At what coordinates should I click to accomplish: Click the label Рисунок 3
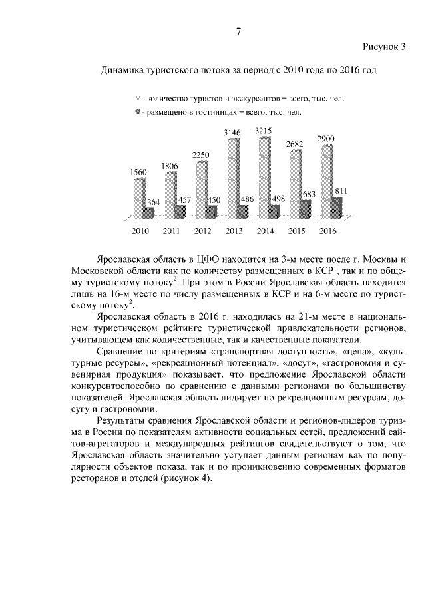point(384,46)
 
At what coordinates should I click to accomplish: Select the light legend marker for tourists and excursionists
point(138,97)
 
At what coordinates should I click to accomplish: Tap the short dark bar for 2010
point(149,213)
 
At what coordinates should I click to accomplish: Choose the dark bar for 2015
point(305,209)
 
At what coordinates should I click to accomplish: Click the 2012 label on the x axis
point(202,231)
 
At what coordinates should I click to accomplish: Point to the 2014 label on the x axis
point(265,231)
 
